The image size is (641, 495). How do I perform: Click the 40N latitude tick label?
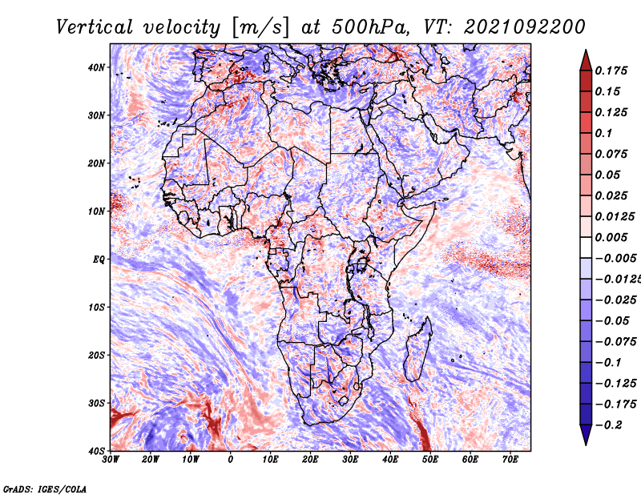point(95,67)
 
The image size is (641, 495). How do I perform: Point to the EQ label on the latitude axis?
point(97,260)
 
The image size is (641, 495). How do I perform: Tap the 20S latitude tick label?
point(95,355)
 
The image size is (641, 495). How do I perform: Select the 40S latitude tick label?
point(95,451)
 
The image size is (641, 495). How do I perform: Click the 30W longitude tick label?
point(111,460)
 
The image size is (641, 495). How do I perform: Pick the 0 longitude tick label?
point(231,460)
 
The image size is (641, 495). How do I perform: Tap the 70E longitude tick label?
point(510,460)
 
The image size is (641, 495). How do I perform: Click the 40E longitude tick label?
point(390,460)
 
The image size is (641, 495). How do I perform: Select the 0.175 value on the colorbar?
point(612,70)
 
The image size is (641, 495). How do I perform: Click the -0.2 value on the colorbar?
point(607,425)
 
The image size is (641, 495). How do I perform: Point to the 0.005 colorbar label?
point(612,237)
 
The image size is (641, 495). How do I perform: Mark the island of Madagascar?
point(415,349)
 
